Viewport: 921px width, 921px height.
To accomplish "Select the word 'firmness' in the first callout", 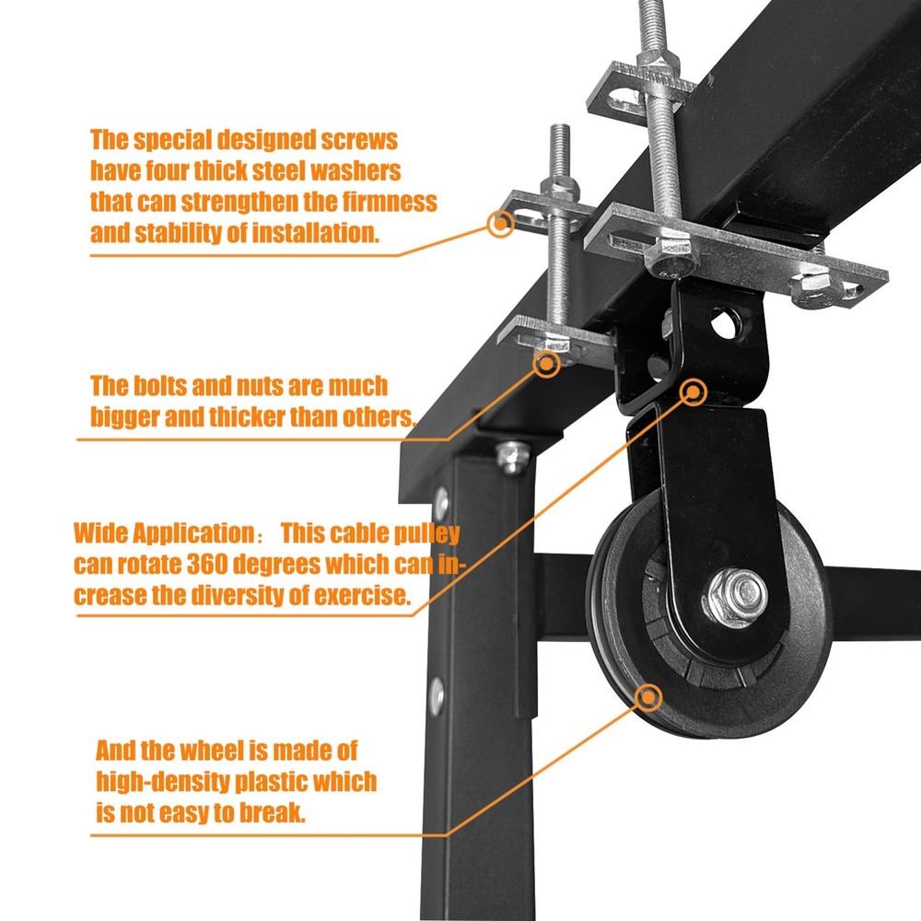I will [x=390, y=202].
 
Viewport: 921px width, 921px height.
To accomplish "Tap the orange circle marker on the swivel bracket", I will [x=693, y=393].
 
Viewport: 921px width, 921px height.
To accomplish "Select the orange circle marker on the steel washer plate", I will [x=500, y=223].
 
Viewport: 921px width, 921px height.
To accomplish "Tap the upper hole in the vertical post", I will [x=442, y=503].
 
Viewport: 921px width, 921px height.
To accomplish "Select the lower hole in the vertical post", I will [x=437, y=693].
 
